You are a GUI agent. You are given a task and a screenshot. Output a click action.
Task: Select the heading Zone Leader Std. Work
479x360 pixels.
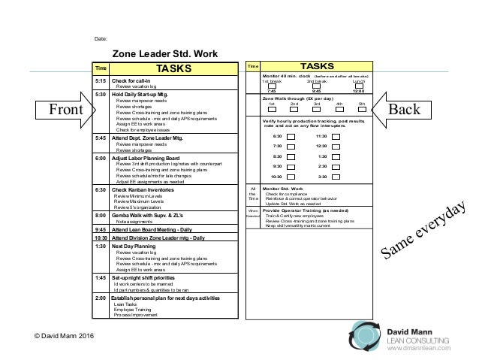[x=165, y=53]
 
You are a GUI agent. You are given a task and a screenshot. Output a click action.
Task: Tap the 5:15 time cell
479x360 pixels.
[x=100, y=80]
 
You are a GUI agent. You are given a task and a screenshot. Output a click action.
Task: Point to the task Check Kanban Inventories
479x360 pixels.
[x=143, y=191]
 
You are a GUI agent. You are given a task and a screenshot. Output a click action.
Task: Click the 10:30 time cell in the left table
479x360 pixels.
[x=100, y=237]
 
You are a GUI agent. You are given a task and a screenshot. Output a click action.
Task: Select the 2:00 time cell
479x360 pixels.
[x=100, y=298]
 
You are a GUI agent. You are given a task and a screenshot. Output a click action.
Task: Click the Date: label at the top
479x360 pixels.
[x=102, y=37]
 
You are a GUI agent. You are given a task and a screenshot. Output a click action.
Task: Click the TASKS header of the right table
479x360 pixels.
[x=319, y=68]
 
